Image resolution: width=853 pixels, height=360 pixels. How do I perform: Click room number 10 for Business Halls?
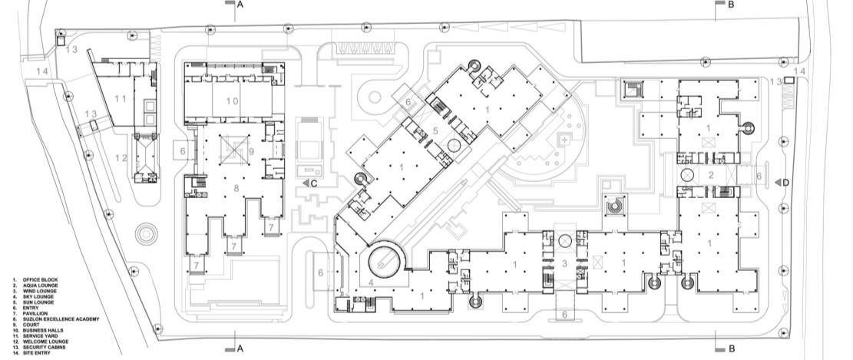(232, 101)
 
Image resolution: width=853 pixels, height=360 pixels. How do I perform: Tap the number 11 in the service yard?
(119, 98)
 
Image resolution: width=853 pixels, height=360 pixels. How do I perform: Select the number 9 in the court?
(251, 151)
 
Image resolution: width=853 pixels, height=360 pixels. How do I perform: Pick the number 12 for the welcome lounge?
(119, 158)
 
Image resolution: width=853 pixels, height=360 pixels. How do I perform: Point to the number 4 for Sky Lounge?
(350, 282)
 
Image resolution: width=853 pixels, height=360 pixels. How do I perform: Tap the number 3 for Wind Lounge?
(565, 263)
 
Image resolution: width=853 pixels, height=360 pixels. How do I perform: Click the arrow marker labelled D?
(780, 182)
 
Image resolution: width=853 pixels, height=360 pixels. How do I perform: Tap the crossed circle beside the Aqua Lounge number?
(687, 176)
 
